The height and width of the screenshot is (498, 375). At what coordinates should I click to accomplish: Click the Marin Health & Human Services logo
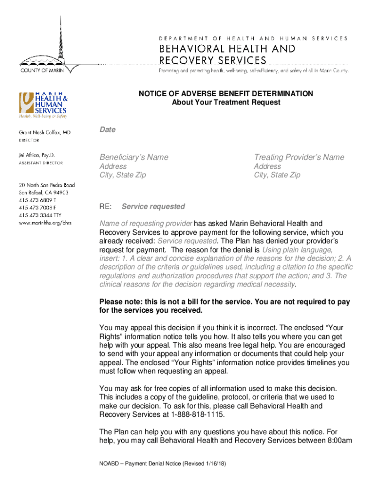click(43, 105)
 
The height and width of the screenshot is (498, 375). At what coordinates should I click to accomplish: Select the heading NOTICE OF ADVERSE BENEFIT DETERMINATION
click(226, 93)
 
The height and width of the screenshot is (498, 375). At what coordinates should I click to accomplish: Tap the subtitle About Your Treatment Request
click(226, 103)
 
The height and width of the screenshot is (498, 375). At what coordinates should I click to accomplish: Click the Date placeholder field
click(108, 130)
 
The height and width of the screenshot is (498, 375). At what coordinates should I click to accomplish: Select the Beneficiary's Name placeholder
click(134, 157)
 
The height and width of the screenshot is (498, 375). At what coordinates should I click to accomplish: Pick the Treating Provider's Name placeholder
click(299, 157)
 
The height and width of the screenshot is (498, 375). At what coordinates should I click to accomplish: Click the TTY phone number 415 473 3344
click(37, 215)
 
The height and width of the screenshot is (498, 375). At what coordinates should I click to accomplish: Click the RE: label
click(105, 207)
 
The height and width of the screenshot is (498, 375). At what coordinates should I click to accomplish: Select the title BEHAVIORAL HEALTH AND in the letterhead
click(227, 49)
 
